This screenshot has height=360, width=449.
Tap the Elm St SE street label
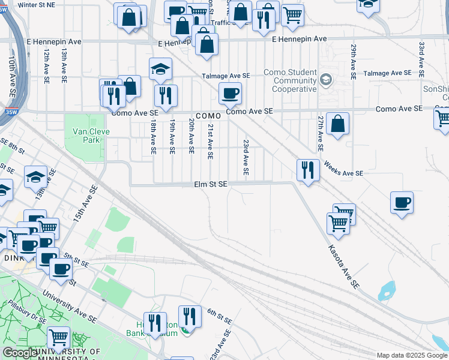click(210, 184)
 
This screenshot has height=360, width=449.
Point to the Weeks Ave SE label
click(343, 168)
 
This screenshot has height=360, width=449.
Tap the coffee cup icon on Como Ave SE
click(230, 93)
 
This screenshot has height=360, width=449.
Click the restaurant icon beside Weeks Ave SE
click(307, 170)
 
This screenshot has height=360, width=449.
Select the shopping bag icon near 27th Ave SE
click(339, 124)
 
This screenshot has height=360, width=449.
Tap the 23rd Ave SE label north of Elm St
click(246, 157)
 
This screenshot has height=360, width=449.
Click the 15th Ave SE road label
click(85, 205)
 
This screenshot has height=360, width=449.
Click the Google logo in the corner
click(20, 353)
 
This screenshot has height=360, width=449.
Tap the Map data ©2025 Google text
click(412, 355)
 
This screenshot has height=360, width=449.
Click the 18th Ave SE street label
click(154, 137)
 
